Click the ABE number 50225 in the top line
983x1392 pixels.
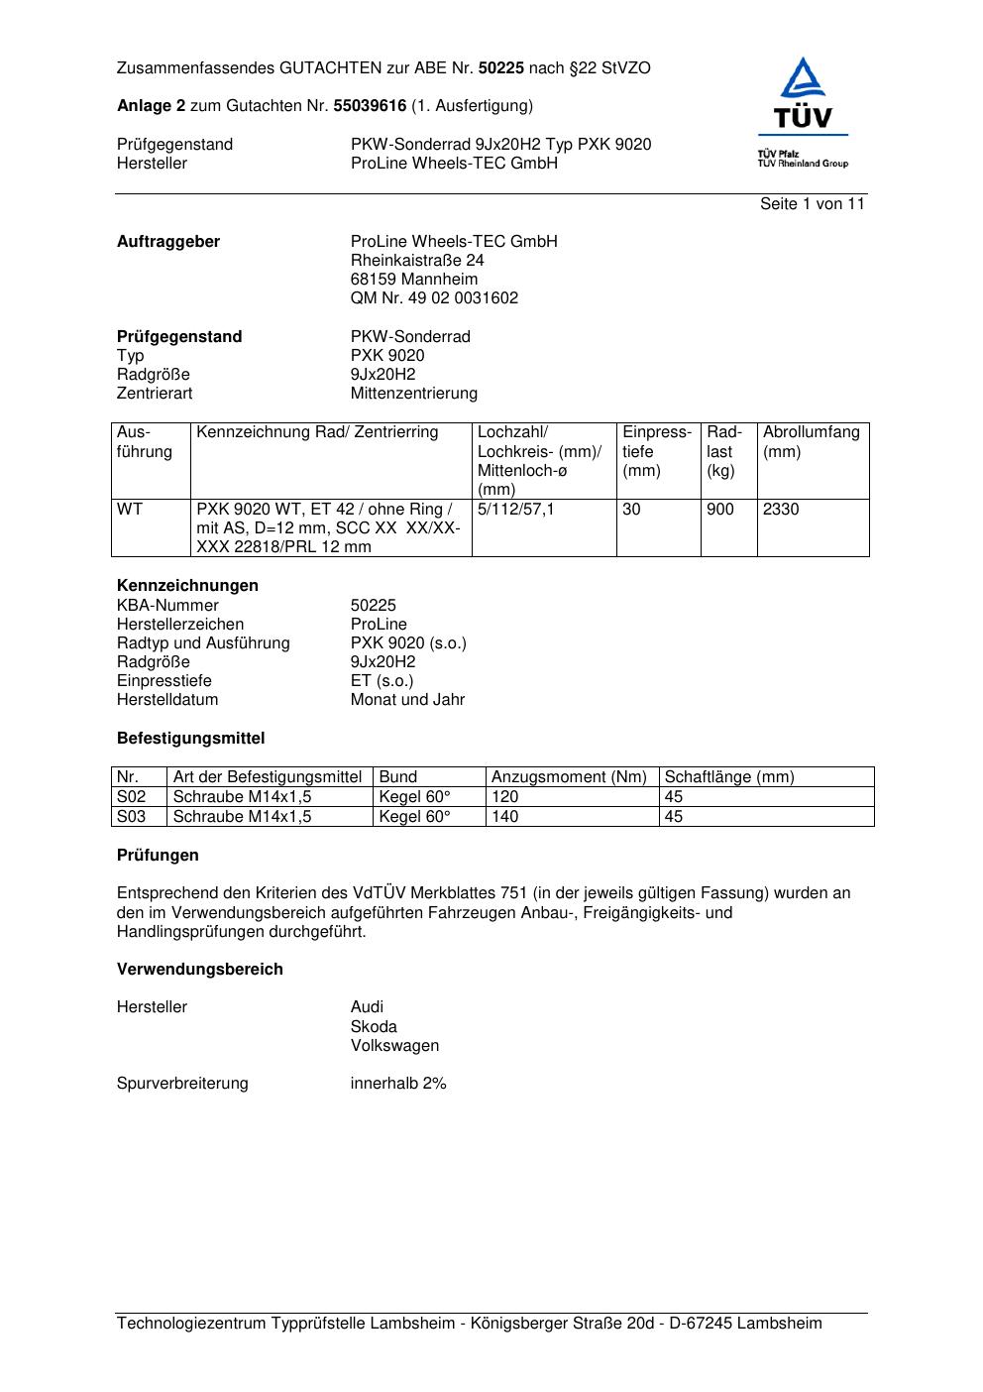(500, 68)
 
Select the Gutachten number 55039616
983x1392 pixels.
(370, 106)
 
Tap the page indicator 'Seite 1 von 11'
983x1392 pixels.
(812, 204)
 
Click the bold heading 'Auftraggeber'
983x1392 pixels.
(168, 242)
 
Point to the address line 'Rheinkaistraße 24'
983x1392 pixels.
(417, 261)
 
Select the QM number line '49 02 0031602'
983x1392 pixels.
(434, 298)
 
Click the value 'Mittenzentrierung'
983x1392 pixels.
(413, 394)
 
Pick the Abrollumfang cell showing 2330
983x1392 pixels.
(781, 510)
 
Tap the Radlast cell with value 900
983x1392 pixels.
(720, 510)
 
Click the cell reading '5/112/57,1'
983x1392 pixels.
(516, 510)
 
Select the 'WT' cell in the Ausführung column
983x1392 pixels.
(130, 510)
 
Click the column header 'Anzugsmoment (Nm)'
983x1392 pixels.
(569, 777)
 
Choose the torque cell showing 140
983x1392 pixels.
(505, 817)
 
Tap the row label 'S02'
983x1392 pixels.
(131, 797)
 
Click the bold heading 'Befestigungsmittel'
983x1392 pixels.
(190, 739)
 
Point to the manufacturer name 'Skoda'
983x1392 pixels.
(374, 1027)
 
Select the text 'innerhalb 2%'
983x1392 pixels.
(398, 1084)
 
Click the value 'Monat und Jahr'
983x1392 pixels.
(407, 700)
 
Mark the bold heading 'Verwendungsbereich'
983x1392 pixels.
(199, 970)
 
